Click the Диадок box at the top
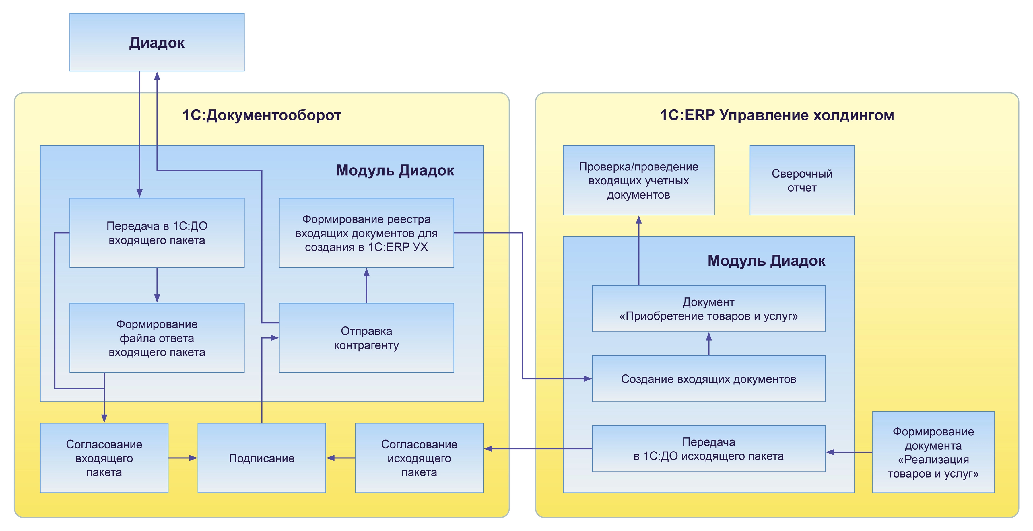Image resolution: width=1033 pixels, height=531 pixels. click(x=157, y=42)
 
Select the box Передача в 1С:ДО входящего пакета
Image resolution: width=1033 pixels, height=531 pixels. click(x=157, y=233)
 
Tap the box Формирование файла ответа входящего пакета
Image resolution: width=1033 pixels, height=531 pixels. click(x=157, y=338)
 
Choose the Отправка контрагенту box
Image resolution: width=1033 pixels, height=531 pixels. click(x=366, y=338)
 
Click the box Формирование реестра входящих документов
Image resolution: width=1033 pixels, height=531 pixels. click(x=366, y=233)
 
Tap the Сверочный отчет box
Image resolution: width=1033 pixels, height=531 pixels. click(x=802, y=180)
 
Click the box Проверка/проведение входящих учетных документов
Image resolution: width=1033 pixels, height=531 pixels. click(x=639, y=180)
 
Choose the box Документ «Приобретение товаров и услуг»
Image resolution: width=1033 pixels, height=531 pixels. click(x=708, y=309)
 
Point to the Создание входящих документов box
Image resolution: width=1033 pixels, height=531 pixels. click(x=708, y=379)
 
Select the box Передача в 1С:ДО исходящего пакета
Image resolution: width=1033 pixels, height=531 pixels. click(x=708, y=449)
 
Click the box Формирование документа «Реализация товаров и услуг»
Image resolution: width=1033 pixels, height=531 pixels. click(x=933, y=452)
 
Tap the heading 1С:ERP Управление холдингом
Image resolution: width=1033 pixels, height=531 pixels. click(x=777, y=115)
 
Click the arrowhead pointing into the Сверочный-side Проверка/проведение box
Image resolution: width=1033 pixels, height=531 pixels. click(x=639, y=219)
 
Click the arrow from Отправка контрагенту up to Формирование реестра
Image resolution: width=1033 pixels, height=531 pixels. click(x=366, y=285)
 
